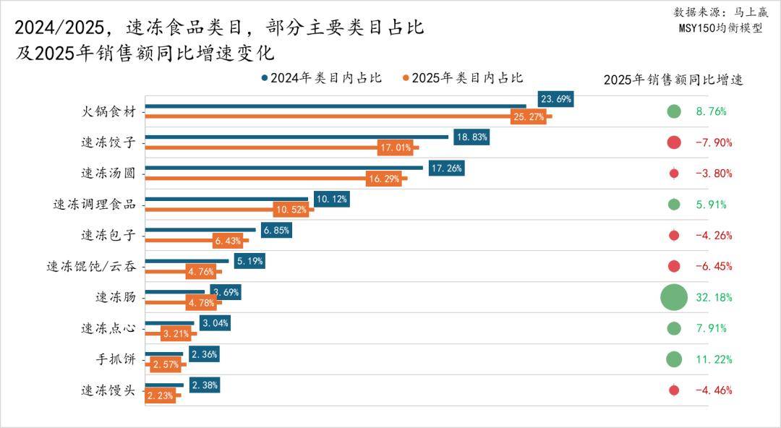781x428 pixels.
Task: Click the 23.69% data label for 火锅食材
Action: pos(556,99)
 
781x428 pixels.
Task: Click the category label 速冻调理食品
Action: pos(95,205)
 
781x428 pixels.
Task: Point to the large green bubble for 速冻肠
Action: pos(673,297)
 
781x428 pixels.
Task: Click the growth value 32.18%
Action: pos(714,297)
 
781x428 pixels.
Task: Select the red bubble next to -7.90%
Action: pos(674,142)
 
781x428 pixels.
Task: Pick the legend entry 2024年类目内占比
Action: pos(321,78)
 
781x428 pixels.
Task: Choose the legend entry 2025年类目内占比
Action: pos(463,78)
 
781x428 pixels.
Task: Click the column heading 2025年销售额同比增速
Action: pos(673,80)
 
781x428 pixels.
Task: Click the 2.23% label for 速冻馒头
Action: pos(160,395)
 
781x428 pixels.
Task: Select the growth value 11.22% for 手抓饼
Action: pos(714,359)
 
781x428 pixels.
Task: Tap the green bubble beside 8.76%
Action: pos(674,111)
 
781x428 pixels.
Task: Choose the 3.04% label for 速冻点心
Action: pos(215,323)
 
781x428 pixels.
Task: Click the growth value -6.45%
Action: pos(714,266)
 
